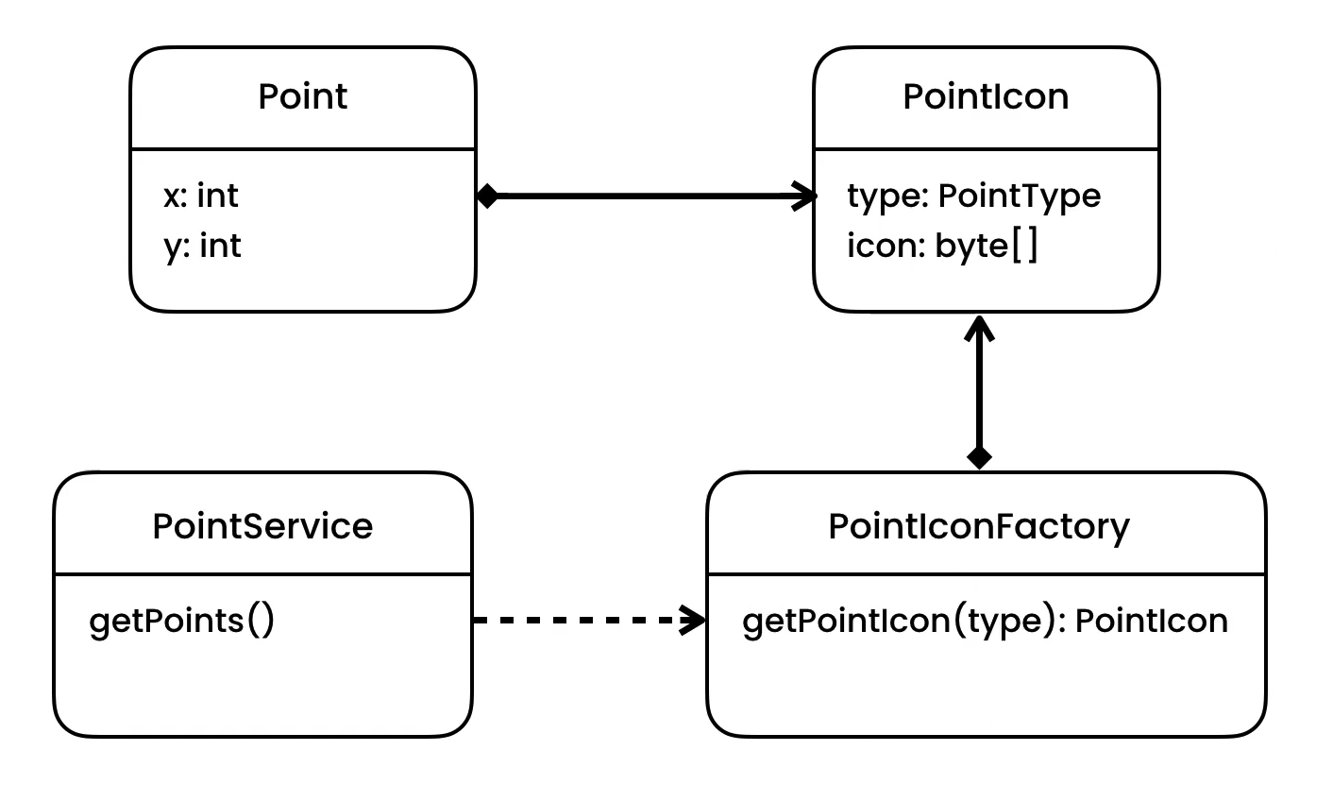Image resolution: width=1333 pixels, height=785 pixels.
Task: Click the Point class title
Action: click(x=303, y=97)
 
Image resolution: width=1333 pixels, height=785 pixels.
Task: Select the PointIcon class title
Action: click(x=986, y=97)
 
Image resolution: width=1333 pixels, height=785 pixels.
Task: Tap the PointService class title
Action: click(x=262, y=526)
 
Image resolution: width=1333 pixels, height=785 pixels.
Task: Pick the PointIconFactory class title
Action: click(x=979, y=526)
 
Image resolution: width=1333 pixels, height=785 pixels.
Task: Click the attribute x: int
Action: click(x=200, y=196)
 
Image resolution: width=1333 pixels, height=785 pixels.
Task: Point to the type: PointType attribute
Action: click(x=973, y=196)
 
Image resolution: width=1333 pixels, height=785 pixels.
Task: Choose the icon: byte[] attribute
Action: click(x=942, y=247)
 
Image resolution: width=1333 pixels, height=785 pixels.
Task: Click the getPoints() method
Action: click(x=181, y=622)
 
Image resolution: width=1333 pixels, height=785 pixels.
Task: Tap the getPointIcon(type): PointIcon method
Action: click(x=985, y=622)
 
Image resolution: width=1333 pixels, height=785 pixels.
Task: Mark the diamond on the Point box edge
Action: click(x=487, y=196)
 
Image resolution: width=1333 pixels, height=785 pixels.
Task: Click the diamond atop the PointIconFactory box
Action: click(x=980, y=458)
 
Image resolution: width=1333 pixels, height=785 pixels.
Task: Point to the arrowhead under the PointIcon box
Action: click(x=980, y=326)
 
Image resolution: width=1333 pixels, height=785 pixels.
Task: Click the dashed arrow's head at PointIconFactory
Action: click(x=697, y=621)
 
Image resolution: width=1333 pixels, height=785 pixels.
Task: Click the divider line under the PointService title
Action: click(x=262, y=573)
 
